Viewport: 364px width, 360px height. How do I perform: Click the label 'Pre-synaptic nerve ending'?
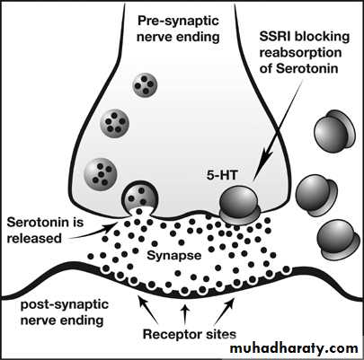pos(178,29)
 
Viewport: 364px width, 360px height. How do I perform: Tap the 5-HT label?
pos(222,175)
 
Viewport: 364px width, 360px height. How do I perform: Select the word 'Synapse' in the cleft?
pos(174,255)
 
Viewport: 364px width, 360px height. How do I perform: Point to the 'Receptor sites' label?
pos(190,334)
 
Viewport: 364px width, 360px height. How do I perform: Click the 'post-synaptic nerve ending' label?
pos(65,312)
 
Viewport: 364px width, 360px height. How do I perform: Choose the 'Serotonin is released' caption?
pos(45,231)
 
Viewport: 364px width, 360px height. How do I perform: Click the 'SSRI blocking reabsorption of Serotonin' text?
pos(305,53)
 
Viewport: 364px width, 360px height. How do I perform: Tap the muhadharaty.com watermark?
pos(294,348)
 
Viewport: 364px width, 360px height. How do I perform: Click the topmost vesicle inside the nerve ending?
pos(145,85)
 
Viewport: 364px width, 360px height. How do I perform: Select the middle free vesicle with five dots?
pos(114,124)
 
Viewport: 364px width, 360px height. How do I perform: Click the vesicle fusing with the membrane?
pos(139,198)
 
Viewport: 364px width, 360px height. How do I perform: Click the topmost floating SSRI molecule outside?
pos(334,131)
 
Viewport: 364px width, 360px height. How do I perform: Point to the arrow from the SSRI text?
pos(280,130)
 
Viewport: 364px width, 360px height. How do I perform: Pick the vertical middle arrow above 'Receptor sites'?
pos(185,315)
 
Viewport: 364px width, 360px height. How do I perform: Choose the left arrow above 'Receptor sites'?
pos(148,309)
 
